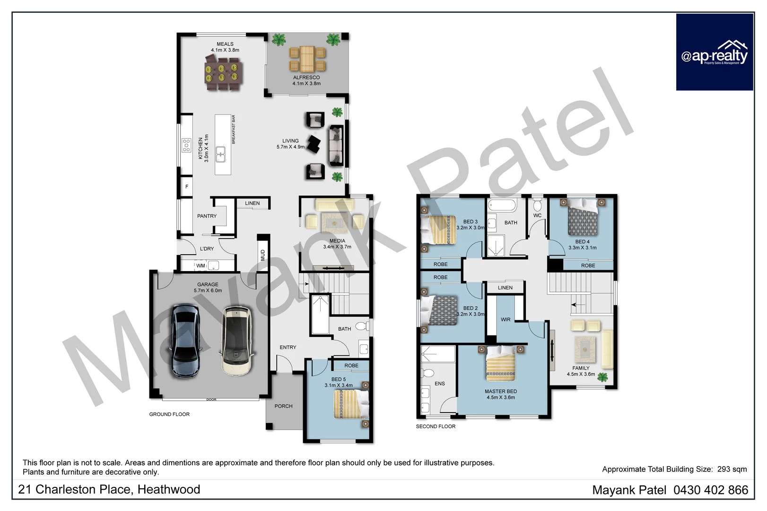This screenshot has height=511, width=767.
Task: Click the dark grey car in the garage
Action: (185, 341)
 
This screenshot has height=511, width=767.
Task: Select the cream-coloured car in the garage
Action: (237, 341)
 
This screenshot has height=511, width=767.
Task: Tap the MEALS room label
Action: (225, 44)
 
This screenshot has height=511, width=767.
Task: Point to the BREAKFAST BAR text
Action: (234, 130)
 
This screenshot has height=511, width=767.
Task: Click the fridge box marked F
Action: (186, 186)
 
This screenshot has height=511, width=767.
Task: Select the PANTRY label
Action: (207, 216)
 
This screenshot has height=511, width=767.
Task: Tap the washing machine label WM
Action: (200, 266)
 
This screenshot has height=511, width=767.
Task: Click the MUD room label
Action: (263, 255)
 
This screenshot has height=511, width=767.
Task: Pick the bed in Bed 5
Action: (350, 404)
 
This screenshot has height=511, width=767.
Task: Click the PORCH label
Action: (283, 406)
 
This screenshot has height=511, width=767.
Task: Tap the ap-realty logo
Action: (714, 52)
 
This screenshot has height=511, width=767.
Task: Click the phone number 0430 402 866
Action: (711, 490)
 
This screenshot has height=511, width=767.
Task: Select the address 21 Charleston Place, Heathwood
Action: (109, 490)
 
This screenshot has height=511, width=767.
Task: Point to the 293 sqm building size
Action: (732, 469)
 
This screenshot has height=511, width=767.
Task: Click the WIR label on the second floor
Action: (506, 320)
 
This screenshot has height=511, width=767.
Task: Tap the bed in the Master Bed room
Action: (500, 363)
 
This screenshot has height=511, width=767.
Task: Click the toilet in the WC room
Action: (537, 206)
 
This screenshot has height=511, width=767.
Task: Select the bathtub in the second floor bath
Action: (502, 206)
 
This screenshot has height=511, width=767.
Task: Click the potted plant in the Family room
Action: (602, 377)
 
